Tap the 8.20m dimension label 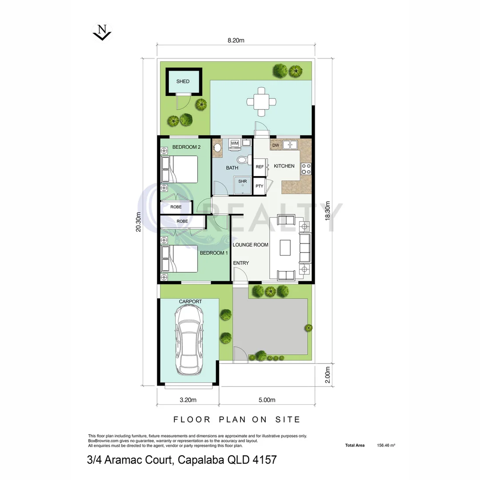pyautogui.click(x=236, y=40)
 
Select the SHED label pyautogui.click(x=183, y=81)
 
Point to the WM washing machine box pyautogui.click(x=234, y=143)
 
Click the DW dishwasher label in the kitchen pyautogui.click(x=276, y=145)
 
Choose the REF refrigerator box pyautogui.click(x=260, y=167)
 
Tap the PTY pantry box pyautogui.click(x=260, y=186)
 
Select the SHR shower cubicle pyautogui.click(x=243, y=184)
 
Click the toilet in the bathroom pyautogui.click(x=243, y=160)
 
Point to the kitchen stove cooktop pyautogui.click(x=306, y=169)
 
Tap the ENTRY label pyautogui.click(x=241, y=263)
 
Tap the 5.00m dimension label pyautogui.click(x=267, y=400)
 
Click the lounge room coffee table pyautogui.click(x=285, y=248)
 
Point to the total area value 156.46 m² pyautogui.click(x=386, y=445)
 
